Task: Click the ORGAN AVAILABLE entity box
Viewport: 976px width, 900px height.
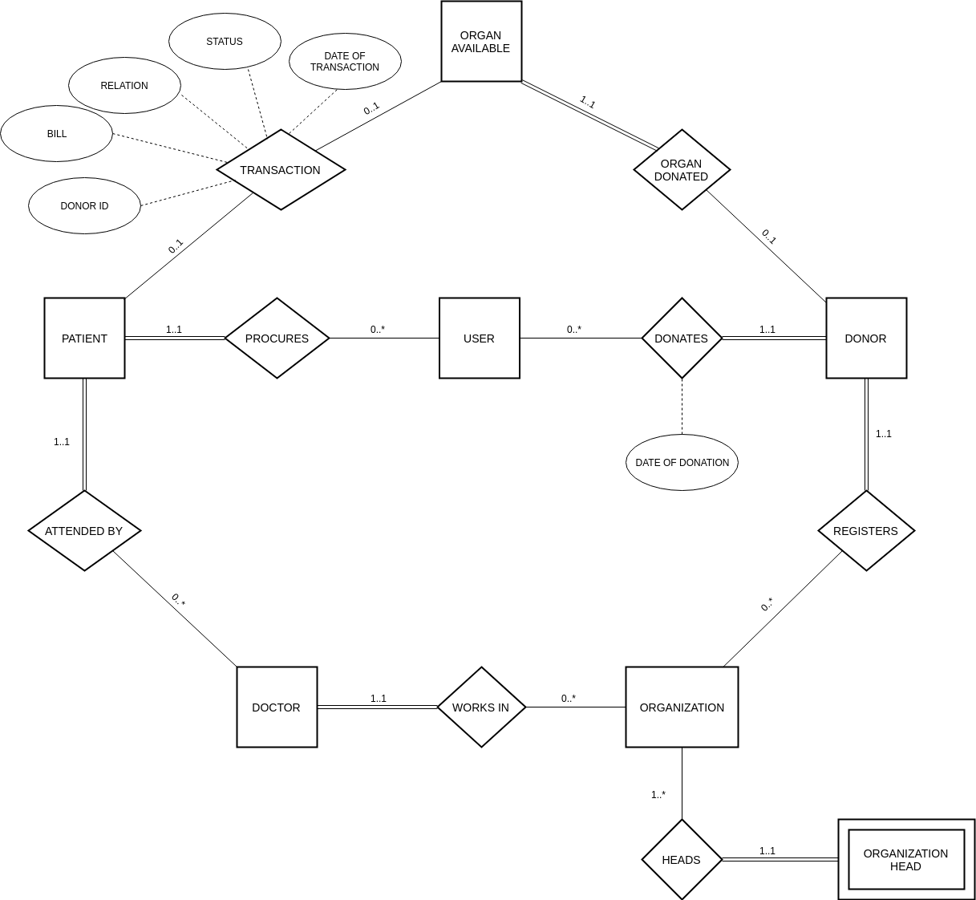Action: (481, 42)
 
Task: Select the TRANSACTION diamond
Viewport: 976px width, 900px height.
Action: (281, 170)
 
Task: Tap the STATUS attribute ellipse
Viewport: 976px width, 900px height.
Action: (225, 42)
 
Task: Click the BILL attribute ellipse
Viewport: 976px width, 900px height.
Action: (57, 134)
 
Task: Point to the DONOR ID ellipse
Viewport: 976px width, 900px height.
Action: (84, 206)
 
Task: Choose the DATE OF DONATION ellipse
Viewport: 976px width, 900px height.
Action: (682, 463)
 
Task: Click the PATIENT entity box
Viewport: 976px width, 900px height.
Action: (84, 339)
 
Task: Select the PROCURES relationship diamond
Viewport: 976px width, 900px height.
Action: (277, 339)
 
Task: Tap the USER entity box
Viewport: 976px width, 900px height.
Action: (480, 339)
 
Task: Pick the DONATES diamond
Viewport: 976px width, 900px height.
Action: (682, 339)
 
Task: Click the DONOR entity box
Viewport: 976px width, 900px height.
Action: (866, 339)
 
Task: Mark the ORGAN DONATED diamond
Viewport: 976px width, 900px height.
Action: (682, 170)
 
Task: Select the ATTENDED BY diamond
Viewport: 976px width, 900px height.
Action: (84, 531)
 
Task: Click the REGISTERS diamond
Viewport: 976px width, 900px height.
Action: (866, 531)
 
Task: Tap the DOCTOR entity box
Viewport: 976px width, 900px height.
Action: (277, 707)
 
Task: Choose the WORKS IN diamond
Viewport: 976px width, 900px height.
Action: (481, 707)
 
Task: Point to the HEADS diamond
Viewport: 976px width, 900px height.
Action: (682, 860)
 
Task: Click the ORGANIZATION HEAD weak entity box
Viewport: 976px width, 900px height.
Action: (906, 860)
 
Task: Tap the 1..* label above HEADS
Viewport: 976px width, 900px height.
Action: (658, 795)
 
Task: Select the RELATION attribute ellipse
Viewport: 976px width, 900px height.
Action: (124, 86)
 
